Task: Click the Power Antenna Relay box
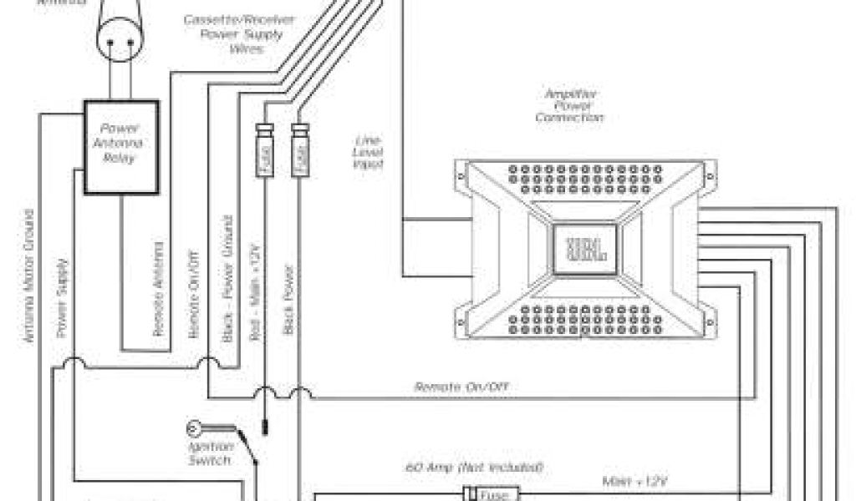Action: pyautogui.click(x=122, y=148)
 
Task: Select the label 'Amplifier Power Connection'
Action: pyautogui.click(x=568, y=107)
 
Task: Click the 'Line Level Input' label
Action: pyautogui.click(x=367, y=153)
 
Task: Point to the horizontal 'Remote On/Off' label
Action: pyautogui.click(x=461, y=387)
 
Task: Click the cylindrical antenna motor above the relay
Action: pyautogui.click(x=120, y=33)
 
